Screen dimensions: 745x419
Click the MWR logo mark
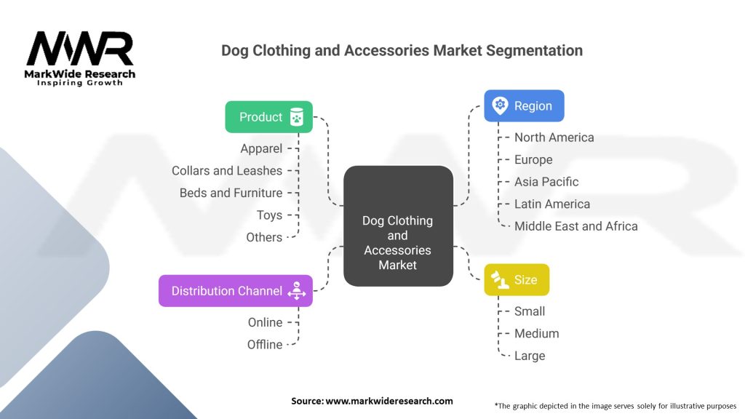click(x=80, y=49)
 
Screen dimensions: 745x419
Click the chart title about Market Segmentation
click(x=402, y=50)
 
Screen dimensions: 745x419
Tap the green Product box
click(x=269, y=117)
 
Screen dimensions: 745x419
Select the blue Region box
click(x=524, y=106)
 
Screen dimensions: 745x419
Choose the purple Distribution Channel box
click(x=236, y=291)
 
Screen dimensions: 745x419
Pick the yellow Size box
click(x=517, y=280)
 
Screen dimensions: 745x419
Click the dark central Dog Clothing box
click(x=398, y=226)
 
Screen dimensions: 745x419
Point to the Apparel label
click(x=261, y=148)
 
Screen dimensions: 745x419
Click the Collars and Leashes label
click(x=227, y=170)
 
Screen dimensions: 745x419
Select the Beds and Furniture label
click(x=231, y=193)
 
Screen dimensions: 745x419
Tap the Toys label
click(x=269, y=215)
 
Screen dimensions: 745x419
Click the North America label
click(x=554, y=137)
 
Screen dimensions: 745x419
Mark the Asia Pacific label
click(x=546, y=182)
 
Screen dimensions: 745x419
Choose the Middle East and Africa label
click(x=576, y=226)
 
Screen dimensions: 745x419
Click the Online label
click(x=265, y=322)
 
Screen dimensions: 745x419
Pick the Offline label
click(x=265, y=344)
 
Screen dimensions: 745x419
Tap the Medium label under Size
click(x=536, y=333)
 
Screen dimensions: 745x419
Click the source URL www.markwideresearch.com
click(x=389, y=401)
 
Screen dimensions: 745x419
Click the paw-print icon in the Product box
click(x=297, y=117)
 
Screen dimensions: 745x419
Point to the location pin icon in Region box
click(x=500, y=105)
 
